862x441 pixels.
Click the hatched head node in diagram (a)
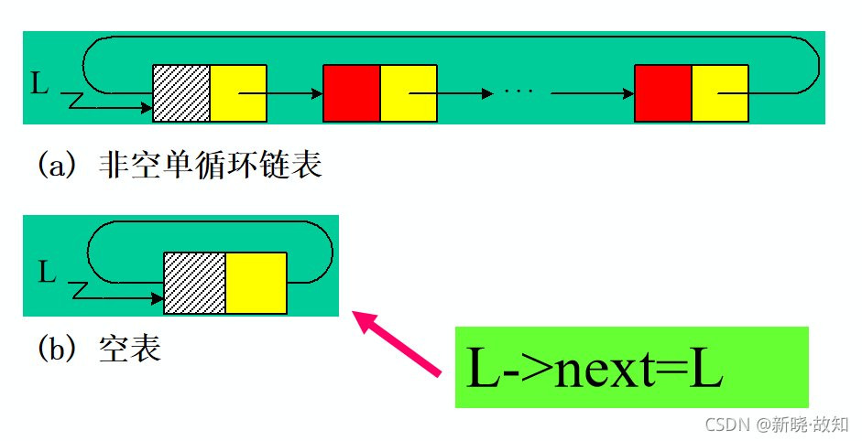coord(181,93)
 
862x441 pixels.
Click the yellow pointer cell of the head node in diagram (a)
coord(238,93)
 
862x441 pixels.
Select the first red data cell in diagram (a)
coord(352,93)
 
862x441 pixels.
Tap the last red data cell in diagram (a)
coord(662,93)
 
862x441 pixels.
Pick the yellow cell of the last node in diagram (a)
coord(720,93)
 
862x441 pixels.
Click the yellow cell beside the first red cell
coord(409,93)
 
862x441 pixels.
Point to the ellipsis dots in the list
coord(518,93)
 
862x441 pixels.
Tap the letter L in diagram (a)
coord(39,85)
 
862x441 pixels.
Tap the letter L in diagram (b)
coord(48,272)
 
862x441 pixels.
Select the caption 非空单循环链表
coord(210,167)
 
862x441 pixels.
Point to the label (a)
coord(57,167)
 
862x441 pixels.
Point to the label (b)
coord(57,349)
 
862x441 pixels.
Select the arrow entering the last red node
coord(592,93)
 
